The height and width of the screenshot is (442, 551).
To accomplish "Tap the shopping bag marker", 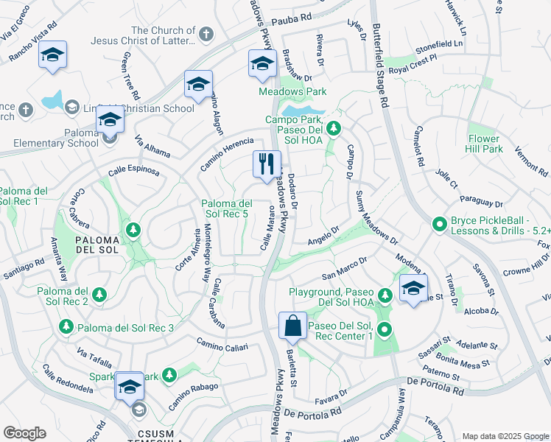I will click(x=292, y=326).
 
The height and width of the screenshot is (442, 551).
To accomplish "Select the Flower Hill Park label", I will click(x=484, y=144).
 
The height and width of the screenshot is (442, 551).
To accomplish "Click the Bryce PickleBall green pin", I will click(x=440, y=223).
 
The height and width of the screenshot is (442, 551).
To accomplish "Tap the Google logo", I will click(x=24, y=433).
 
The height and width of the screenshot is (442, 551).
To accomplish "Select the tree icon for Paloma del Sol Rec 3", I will click(x=66, y=326).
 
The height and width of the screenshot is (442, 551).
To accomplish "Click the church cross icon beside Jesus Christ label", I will click(x=206, y=35).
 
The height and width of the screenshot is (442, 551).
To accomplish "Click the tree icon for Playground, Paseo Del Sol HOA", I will click(x=384, y=295).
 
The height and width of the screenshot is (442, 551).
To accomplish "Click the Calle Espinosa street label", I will click(x=133, y=170).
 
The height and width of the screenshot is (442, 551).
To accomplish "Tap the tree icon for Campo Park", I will click(x=333, y=129).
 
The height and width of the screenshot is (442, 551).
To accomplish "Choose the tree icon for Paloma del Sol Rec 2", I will click(x=99, y=295).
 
